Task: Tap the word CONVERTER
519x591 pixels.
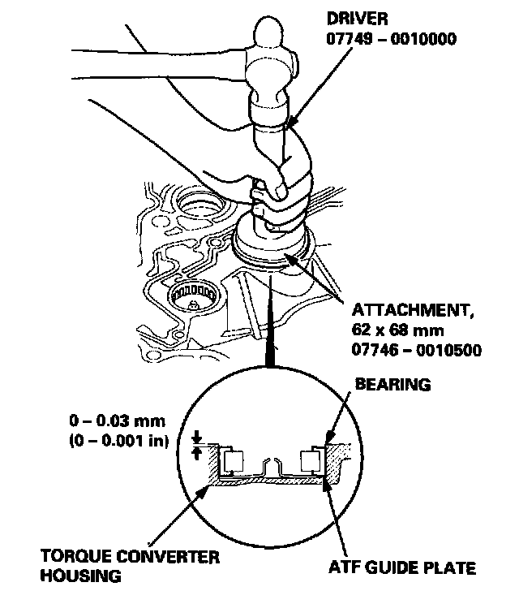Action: [170, 557]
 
